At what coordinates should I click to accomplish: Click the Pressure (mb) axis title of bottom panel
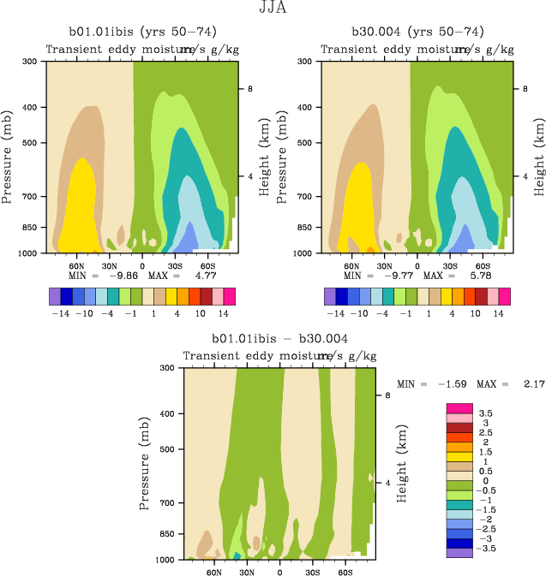[143, 463]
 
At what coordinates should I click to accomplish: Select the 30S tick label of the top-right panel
[450, 266]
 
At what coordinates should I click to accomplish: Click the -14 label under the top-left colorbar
[60, 314]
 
